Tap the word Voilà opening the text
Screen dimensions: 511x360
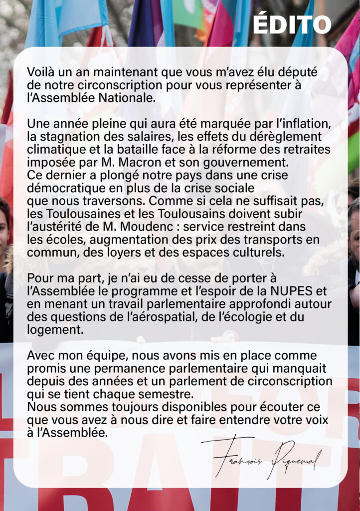(41, 72)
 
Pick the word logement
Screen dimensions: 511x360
(53, 329)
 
